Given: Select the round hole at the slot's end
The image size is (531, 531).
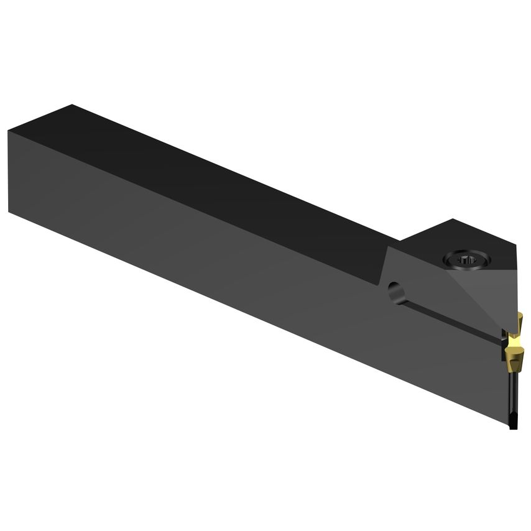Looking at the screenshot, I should [x=394, y=290].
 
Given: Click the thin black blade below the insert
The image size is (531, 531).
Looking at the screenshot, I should [x=512, y=398].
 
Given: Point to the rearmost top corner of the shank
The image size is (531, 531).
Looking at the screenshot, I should [x=72, y=105].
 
